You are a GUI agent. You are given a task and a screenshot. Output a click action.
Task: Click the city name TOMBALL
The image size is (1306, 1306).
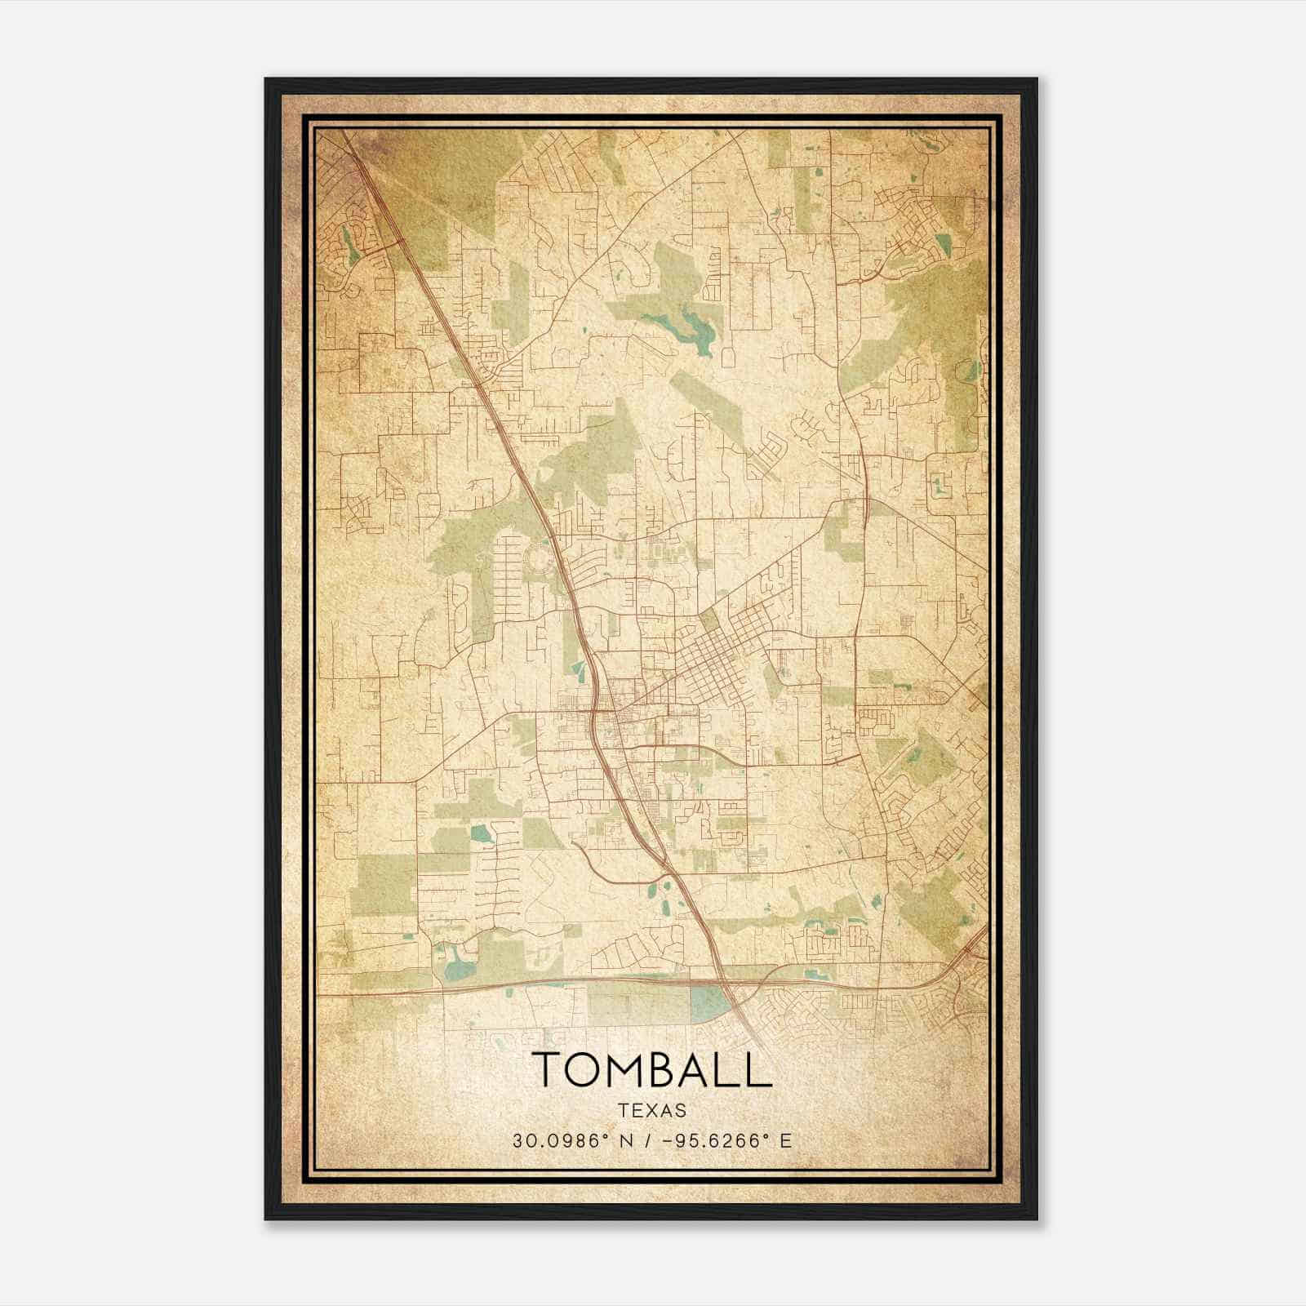pyautogui.click(x=652, y=1069)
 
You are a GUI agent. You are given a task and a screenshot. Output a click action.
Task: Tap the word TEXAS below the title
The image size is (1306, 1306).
pyautogui.click(x=652, y=1110)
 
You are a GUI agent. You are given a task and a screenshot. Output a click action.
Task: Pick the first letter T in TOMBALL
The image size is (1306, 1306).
pyautogui.click(x=547, y=1069)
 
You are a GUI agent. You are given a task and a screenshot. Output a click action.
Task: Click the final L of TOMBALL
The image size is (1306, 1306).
pyautogui.click(x=760, y=1069)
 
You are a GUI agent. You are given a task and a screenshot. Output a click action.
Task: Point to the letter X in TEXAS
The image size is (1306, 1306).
pyautogui.click(x=652, y=1110)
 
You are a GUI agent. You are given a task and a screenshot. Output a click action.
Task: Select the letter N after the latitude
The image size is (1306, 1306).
pyautogui.click(x=626, y=1140)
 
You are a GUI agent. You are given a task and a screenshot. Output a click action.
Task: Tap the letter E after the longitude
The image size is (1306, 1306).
pyautogui.click(x=786, y=1140)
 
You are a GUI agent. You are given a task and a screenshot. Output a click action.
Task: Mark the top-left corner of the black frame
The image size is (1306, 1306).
pyautogui.click(x=266, y=79)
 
